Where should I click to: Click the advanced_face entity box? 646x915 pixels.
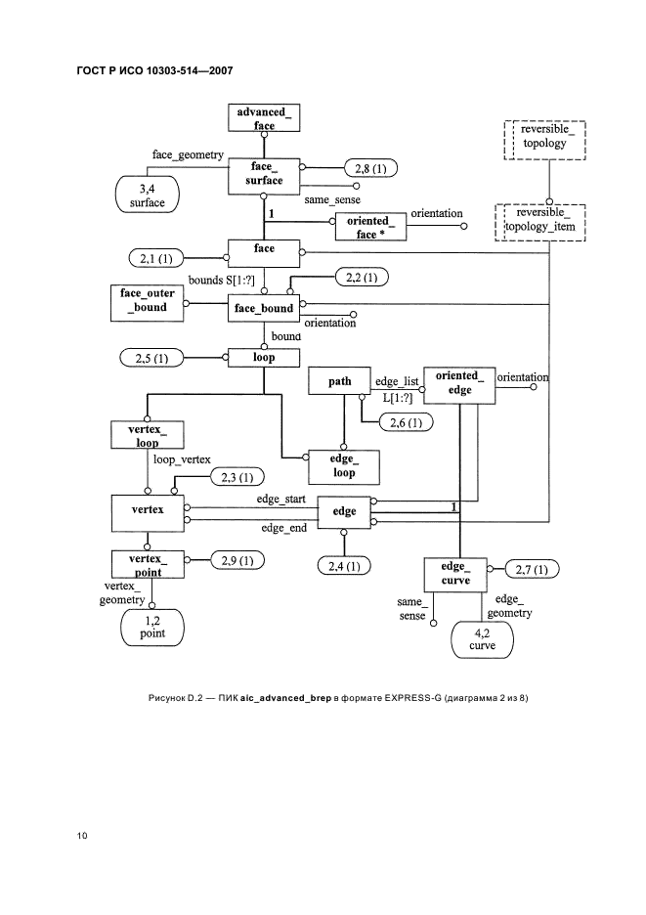coord(263,118)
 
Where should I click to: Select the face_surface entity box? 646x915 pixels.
coord(263,174)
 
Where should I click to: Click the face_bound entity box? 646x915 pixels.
coord(264,309)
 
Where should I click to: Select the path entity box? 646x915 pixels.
coord(339,382)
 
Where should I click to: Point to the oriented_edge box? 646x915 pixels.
coord(458,382)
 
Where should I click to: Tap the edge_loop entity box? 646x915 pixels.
coord(342,466)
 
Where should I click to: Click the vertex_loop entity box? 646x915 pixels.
coord(148,436)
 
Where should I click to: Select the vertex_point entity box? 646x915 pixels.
coord(148,564)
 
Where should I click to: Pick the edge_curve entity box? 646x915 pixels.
coord(454,574)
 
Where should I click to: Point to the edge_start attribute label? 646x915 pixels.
coord(281,499)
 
